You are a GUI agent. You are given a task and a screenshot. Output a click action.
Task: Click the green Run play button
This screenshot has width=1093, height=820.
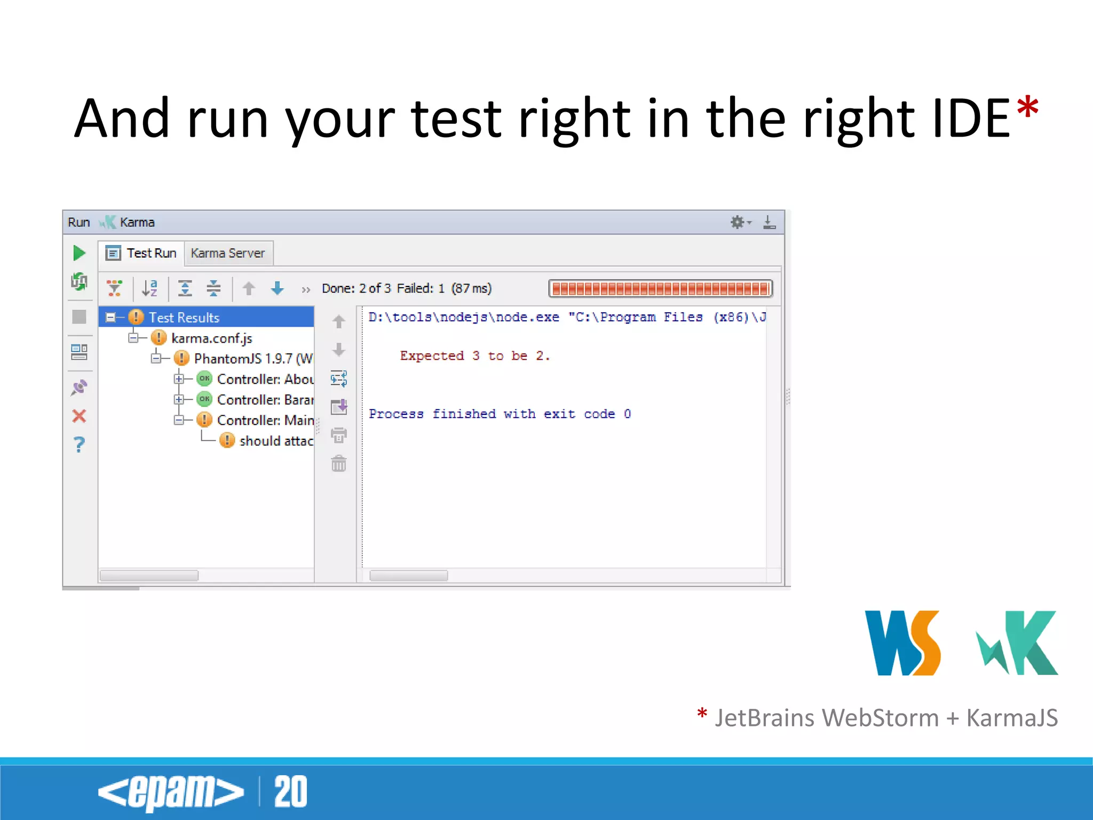(79, 253)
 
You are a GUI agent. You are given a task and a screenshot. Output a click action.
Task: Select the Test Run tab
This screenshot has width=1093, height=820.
(142, 253)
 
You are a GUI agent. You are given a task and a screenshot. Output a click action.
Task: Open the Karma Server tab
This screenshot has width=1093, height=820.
(228, 253)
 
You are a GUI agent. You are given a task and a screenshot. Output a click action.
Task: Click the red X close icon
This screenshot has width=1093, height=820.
(79, 416)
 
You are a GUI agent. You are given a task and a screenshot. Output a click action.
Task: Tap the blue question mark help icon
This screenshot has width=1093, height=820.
(79, 444)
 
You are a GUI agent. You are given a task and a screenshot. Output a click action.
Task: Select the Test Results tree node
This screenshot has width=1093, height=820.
(184, 318)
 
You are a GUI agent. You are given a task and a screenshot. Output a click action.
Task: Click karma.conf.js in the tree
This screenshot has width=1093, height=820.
(211, 338)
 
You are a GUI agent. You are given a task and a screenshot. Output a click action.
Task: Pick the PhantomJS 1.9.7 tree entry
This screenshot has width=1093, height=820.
(253, 359)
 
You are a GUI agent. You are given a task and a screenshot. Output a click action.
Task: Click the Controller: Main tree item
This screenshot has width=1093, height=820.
(265, 421)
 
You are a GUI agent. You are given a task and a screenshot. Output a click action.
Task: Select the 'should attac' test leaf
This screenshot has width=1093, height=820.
(275, 441)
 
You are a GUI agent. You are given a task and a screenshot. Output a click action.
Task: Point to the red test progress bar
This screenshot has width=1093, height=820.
(660, 289)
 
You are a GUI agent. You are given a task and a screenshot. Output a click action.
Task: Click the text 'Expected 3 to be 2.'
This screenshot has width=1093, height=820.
(474, 356)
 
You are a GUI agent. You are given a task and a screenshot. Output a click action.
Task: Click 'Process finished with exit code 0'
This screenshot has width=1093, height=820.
(500, 414)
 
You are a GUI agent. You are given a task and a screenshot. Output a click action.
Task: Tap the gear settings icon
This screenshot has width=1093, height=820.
(738, 222)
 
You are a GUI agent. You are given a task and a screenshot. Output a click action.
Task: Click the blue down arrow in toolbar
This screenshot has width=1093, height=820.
(278, 289)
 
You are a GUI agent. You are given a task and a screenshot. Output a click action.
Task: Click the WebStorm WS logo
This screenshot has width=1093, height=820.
(902, 643)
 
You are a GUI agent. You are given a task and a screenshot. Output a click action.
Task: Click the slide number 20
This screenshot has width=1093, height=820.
(291, 792)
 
